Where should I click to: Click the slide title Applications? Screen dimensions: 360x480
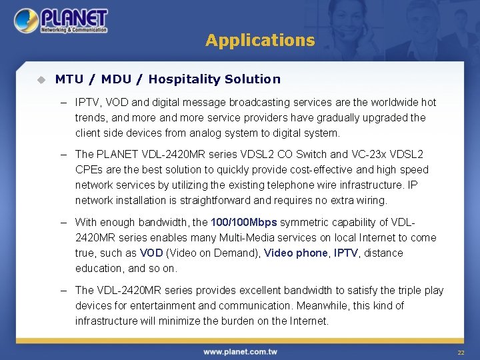tap(260, 40)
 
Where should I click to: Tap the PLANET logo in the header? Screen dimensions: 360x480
tap(61, 21)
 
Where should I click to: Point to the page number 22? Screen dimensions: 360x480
tap(460, 352)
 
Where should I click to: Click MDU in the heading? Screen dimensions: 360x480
tap(117, 79)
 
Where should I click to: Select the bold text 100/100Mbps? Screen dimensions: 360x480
tap(243, 222)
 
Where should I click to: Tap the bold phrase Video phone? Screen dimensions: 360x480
tap(296, 253)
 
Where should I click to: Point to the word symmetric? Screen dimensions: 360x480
tap(303, 222)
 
